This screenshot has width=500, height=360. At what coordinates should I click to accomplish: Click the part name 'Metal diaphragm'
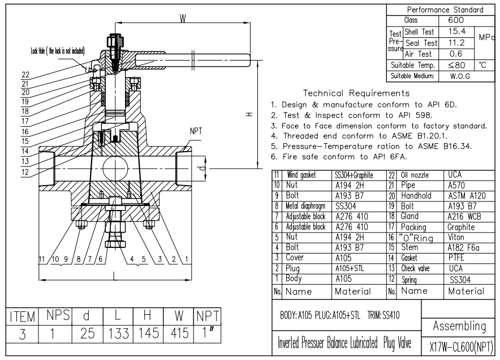pyautogui.click(x=306, y=207)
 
